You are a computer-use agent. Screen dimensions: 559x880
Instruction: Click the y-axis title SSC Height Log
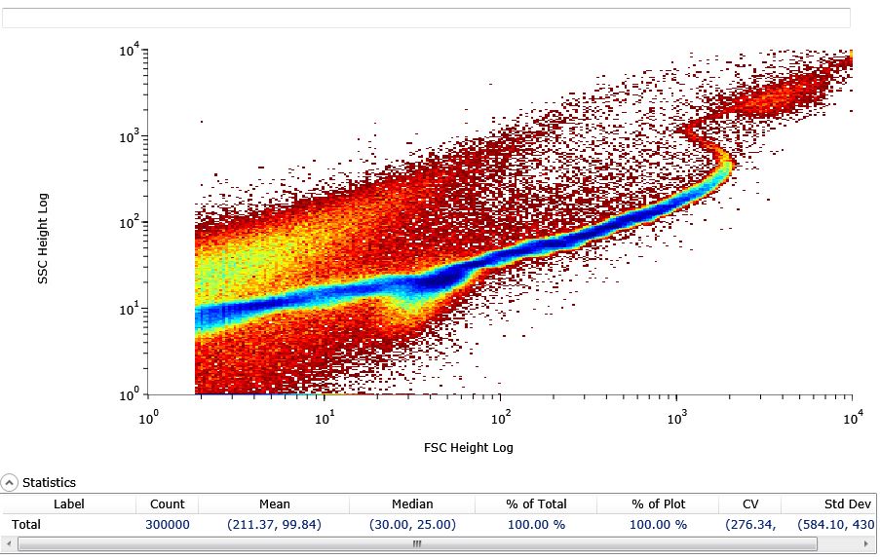coord(43,240)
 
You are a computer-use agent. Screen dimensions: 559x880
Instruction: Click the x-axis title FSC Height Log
coord(468,448)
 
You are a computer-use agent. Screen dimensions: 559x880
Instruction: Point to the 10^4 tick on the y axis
coord(131,49)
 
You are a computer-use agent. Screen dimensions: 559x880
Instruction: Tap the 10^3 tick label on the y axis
coord(131,136)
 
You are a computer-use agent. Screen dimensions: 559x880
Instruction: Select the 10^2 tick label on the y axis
coord(131,223)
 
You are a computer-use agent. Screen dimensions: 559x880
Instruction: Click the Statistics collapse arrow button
coord(10,482)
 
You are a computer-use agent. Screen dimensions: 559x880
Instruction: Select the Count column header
coord(167,504)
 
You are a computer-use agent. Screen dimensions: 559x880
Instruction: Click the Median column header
coord(412,504)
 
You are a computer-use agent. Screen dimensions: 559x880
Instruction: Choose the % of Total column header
coord(536,504)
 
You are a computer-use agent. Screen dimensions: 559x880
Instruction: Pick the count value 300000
coord(168,525)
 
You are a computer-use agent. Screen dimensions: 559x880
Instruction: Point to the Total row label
coord(26,525)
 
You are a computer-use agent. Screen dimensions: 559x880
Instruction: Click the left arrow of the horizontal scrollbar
coord(9,544)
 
